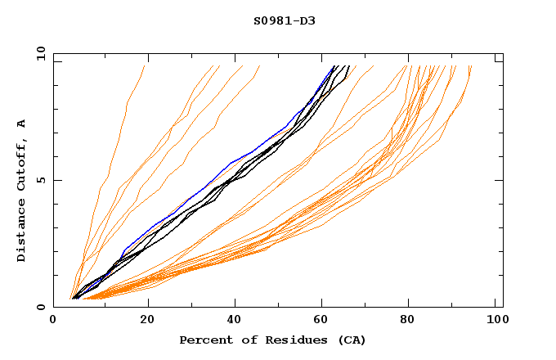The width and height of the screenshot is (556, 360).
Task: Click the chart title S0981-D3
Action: (284, 20)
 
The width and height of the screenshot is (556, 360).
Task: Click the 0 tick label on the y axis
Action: (42, 308)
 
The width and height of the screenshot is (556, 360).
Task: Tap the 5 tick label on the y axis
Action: (42, 181)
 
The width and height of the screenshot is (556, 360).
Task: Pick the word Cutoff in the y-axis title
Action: (21, 165)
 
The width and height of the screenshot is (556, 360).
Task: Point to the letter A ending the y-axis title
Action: (21, 124)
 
